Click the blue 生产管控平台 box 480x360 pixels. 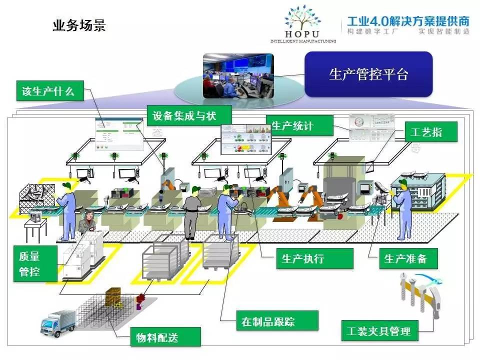(x=368, y=74)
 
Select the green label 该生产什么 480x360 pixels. (x=48, y=90)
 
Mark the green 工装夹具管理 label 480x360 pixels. (x=378, y=330)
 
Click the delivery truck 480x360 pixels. (x=58, y=322)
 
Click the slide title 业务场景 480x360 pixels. (x=79, y=25)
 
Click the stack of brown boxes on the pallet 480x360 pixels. (x=114, y=297)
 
